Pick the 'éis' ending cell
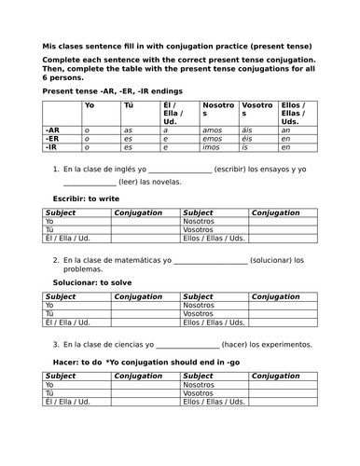[x=246, y=139]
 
